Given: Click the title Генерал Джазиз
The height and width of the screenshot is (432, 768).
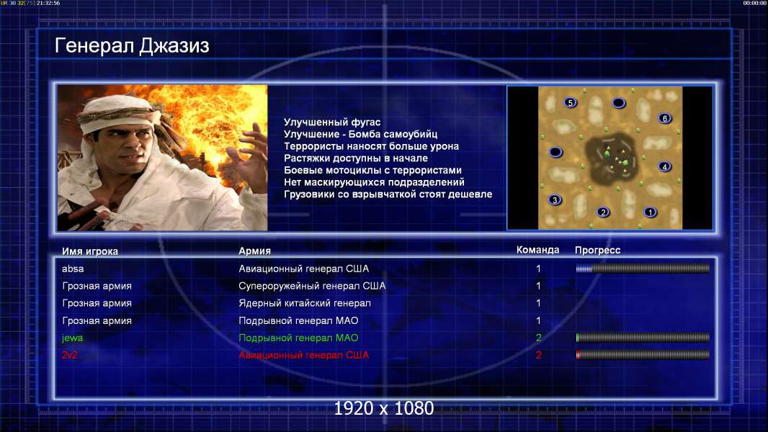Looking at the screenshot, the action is pyautogui.click(x=132, y=46).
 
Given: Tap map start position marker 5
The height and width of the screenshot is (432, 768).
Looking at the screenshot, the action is pyautogui.click(x=570, y=103).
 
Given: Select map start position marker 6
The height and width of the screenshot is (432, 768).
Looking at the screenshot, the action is pyautogui.click(x=665, y=118).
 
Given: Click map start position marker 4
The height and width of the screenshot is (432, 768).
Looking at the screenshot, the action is pyautogui.click(x=664, y=167).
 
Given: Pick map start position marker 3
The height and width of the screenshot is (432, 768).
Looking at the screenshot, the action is pyautogui.click(x=555, y=199).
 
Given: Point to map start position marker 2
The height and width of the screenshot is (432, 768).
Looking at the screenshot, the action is pyautogui.click(x=604, y=212).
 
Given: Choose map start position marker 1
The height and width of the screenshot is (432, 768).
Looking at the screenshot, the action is pyautogui.click(x=650, y=212).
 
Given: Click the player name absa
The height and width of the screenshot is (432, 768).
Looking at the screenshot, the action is pyautogui.click(x=73, y=269).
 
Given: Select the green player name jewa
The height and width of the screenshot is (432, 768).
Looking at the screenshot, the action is pyautogui.click(x=72, y=338).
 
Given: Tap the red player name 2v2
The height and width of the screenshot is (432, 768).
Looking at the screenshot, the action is pyautogui.click(x=70, y=355).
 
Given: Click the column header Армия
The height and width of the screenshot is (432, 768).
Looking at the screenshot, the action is pyautogui.click(x=255, y=251).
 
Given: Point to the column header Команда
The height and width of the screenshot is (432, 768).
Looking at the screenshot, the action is pyautogui.click(x=537, y=250).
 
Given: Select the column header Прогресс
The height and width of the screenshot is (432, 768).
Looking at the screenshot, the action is pyautogui.click(x=597, y=251).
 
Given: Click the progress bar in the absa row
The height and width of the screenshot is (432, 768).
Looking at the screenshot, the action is pyautogui.click(x=643, y=268).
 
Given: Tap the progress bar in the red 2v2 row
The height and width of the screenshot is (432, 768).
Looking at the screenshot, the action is pyautogui.click(x=643, y=355).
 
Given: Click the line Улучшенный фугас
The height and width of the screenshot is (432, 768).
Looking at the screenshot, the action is pyautogui.click(x=332, y=122).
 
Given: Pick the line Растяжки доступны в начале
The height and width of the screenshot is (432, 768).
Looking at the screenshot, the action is pyautogui.click(x=356, y=158).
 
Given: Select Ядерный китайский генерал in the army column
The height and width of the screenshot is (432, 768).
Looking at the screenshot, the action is pyautogui.click(x=305, y=303).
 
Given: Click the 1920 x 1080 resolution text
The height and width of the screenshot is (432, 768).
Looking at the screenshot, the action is pyautogui.click(x=383, y=408).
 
